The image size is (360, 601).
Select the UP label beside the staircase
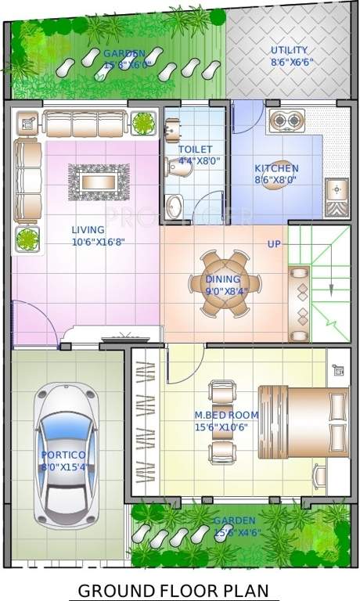[274, 244]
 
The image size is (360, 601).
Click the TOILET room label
[195, 149]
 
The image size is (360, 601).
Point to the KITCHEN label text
[276, 168]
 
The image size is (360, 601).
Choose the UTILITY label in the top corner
[289, 50]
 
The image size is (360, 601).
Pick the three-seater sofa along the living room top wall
[85, 123]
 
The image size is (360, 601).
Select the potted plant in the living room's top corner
[143, 123]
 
